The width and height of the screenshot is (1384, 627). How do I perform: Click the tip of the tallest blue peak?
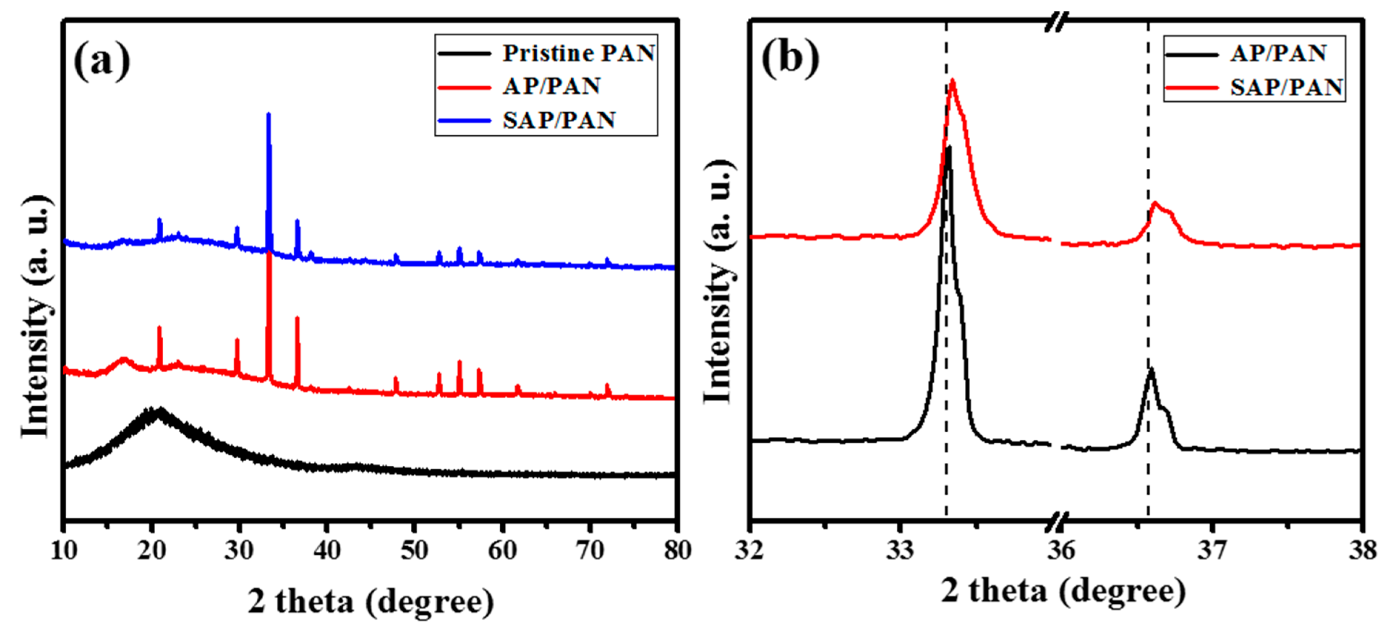[269, 114]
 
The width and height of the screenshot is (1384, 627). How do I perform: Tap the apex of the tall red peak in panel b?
[953, 81]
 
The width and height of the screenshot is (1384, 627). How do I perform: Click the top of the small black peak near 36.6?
[1151, 369]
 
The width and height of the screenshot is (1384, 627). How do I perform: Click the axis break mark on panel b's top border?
[1055, 22]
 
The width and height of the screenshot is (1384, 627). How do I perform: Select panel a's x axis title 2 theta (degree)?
[371, 601]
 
